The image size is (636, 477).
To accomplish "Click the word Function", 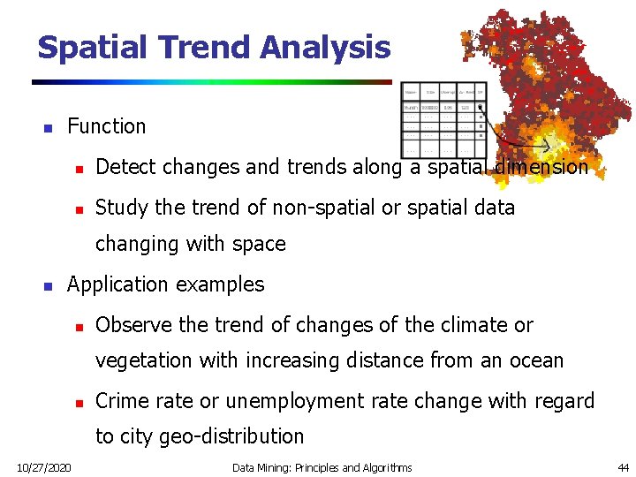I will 106,126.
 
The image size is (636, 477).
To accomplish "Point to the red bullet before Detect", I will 78,168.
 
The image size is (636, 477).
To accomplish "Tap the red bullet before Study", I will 78,208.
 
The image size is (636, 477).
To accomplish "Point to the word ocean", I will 534,360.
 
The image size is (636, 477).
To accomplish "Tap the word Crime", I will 120,401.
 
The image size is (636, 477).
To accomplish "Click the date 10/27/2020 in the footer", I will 44,467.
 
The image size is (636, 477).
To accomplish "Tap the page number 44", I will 623,467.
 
